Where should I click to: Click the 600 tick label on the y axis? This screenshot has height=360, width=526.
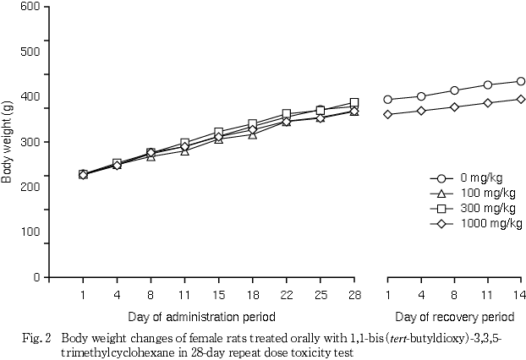pyautogui.click(x=30, y=6)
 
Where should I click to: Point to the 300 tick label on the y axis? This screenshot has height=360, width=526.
pyautogui.click(x=30, y=141)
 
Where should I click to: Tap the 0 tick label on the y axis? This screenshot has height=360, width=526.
pyautogui.click(x=36, y=277)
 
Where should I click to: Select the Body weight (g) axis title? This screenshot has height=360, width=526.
pyautogui.click(x=8, y=141)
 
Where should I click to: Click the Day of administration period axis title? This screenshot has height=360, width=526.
pyautogui.click(x=201, y=317)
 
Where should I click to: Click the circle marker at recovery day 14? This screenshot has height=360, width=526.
pyautogui.click(x=521, y=81)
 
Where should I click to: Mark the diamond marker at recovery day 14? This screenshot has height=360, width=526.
pyautogui.click(x=521, y=99)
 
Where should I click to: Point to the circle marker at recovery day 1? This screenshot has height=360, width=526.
pyautogui.click(x=388, y=99)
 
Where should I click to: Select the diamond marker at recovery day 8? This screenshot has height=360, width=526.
pyautogui.click(x=455, y=106)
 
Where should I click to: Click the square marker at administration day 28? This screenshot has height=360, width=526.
pyautogui.click(x=354, y=102)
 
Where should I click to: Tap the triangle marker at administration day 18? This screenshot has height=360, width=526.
pyautogui.click(x=252, y=134)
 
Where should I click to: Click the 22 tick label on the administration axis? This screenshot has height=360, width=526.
pyautogui.click(x=287, y=295)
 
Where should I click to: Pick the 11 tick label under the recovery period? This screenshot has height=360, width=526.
pyautogui.click(x=488, y=295)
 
